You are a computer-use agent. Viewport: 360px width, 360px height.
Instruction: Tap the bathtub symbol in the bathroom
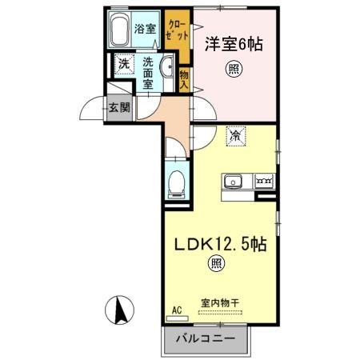tap(120, 30)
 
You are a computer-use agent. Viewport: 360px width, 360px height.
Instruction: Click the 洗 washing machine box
tap(123, 63)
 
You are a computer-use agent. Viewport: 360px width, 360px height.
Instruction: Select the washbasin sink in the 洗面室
tap(169, 67)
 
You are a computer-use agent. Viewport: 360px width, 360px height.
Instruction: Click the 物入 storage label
tap(183, 78)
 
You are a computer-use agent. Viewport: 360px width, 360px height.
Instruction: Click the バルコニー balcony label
tap(207, 338)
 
